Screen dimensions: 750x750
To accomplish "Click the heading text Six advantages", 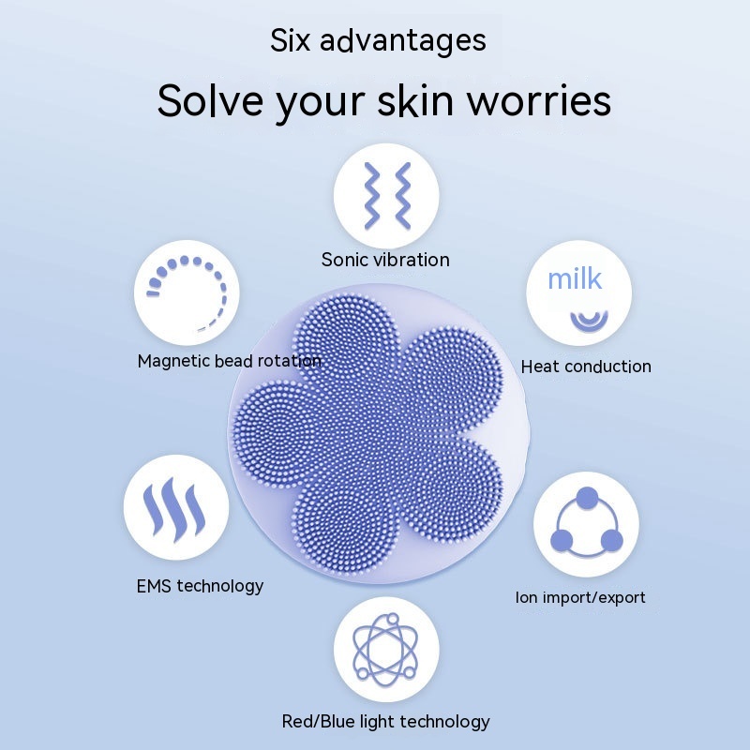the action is click(378, 41).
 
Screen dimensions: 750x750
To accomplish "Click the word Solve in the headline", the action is click(210, 100).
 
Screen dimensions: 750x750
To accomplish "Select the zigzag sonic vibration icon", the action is click(387, 196).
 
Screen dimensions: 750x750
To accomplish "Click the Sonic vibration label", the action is click(385, 260).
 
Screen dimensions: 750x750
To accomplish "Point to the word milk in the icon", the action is click(575, 278).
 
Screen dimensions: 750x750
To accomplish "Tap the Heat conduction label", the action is click(586, 367).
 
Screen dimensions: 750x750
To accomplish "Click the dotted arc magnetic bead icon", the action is click(187, 292).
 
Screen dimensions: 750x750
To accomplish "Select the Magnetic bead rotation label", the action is click(229, 361).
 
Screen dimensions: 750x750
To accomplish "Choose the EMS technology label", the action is click(200, 586).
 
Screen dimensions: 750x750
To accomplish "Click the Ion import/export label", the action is click(580, 597).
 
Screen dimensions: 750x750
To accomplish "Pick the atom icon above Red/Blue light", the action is click(385, 649).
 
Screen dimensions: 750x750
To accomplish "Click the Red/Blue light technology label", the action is click(385, 721).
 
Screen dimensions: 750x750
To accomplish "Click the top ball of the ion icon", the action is click(587, 499).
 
